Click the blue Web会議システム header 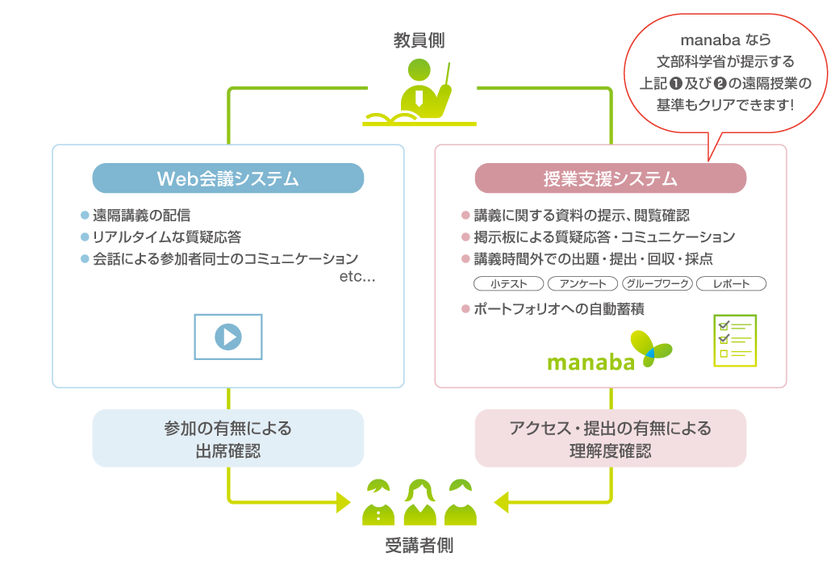tap(228, 178)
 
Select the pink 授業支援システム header tap(610, 178)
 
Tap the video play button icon tap(228, 336)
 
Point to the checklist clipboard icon tap(735, 340)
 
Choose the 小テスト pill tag tap(508, 284)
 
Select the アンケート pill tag tap(582, 284)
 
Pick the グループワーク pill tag tap(657, 284)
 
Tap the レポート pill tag tap(731, 284)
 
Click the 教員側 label tap(419, 40)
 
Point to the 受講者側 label tap(419, 547)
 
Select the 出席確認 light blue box tap(228, 438)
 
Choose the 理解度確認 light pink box tap(610, 438)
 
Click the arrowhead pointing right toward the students tap(342, 501)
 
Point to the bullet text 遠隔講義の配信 tap(141, 216)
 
